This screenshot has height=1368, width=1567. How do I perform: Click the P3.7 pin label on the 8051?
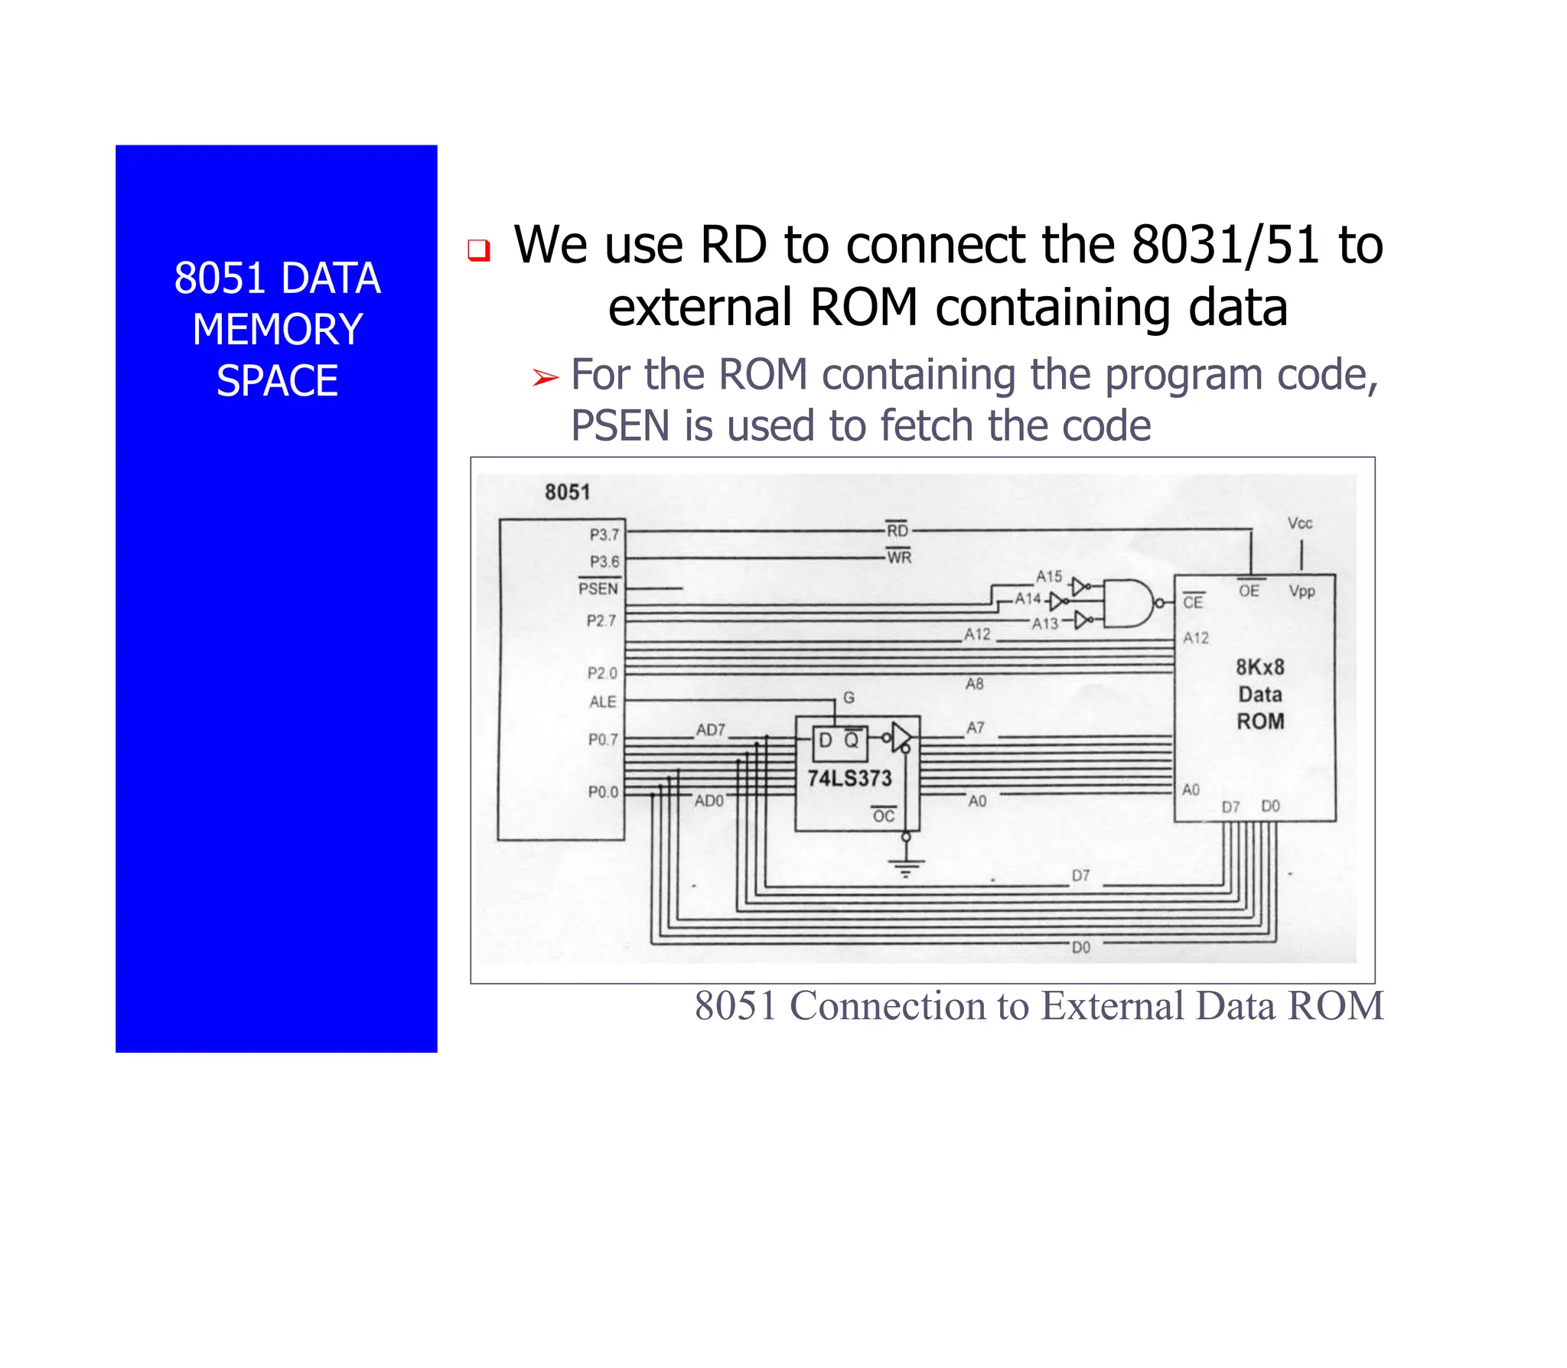tap(604, 534)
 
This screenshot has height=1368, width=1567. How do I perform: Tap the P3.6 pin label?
tap(604, 562)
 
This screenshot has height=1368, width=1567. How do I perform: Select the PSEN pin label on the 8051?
tap(598, 588)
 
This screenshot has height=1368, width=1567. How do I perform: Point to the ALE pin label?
tap(602, 702)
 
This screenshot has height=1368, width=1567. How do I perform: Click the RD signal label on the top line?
tap(897, 530)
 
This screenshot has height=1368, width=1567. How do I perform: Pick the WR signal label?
tap(899, 557)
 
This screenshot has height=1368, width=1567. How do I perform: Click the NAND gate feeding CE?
tap(1128, 603)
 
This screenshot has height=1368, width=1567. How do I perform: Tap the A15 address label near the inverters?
tap(1049, 576)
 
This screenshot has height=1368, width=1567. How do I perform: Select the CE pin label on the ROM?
tap(1193, 602)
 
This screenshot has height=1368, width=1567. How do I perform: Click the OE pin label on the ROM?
tap(1249, 591)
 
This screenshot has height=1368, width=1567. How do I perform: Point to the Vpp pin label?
tap(1301, 591)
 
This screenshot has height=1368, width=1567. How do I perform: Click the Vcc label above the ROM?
tap(1299, 523)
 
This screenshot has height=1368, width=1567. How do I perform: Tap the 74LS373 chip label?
tap(849, 778)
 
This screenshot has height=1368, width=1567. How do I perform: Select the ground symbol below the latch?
tap(906, 867)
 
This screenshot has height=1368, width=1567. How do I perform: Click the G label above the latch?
tap(849, 697)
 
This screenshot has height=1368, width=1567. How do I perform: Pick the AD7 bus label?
tap(710, 730)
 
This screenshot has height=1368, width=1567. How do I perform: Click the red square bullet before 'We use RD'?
tap(479, 250)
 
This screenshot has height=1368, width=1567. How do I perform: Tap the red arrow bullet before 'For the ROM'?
tap(546, 377)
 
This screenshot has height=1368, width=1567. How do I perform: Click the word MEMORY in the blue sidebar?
tap(277, 330)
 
